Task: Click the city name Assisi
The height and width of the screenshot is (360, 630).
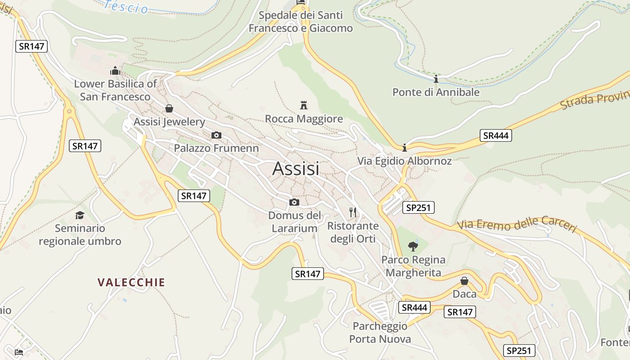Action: coord(296,168)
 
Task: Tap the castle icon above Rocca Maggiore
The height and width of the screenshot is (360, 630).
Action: coord(304,105)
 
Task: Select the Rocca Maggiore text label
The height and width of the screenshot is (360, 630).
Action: coord(304,119)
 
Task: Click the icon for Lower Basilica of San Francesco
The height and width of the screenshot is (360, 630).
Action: coord(115,71)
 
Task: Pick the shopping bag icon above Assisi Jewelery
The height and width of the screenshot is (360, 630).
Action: coord(169,108)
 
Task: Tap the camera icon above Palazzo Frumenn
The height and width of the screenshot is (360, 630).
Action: coord(216,135)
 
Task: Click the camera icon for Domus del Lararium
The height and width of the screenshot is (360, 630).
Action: coord(294,202)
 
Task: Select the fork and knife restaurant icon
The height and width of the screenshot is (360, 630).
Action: coord(353,212)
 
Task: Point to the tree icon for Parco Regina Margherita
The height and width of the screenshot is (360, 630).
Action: coord(413,246)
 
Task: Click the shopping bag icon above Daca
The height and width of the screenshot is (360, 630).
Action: coord(464,281)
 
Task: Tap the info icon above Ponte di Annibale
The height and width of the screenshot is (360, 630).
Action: coord(436,79)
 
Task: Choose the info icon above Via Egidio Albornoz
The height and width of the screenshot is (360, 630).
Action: coord(404,147)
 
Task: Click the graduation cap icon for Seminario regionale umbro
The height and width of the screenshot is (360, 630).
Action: coord(80,215)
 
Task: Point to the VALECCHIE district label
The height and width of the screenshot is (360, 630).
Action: coord(131,283)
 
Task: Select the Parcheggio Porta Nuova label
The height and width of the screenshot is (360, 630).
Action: coord(380,333)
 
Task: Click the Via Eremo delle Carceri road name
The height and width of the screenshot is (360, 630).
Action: coord(517,225)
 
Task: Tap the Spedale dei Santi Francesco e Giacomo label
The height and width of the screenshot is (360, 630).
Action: coord(301,22)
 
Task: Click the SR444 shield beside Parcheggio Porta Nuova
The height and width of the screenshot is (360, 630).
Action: coord(414,307)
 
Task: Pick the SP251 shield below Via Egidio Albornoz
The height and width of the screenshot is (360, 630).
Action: coord(418,207)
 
